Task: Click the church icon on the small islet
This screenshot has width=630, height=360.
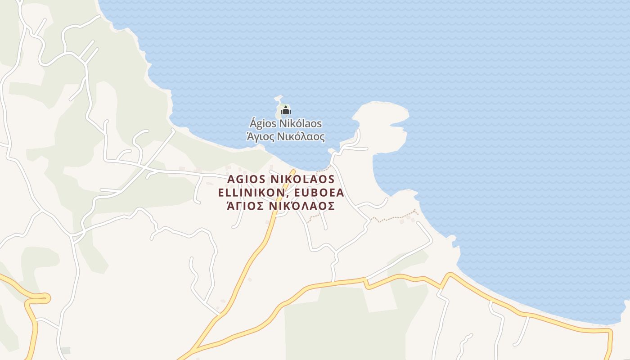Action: click(x=285, y=110)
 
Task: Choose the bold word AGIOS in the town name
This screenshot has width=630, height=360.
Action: click(x=246, y=179)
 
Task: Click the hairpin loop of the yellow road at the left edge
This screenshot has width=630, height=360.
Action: click(x=45, y=297)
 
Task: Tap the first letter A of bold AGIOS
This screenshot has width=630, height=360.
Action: click(x=231, y=179)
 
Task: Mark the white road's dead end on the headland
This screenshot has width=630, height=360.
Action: click(x=367, y=148)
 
